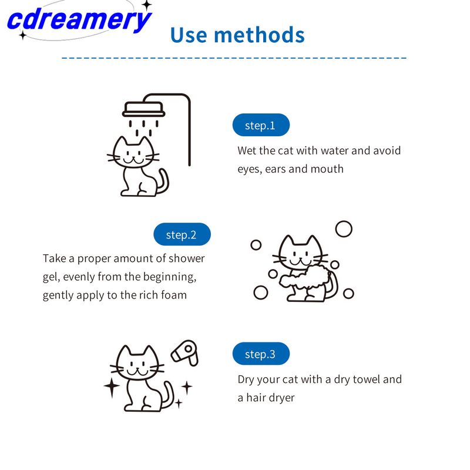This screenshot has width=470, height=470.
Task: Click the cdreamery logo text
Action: click(79, 20)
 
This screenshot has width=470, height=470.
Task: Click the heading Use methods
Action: click(237, 35)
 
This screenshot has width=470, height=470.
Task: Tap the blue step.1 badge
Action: click(261, 125)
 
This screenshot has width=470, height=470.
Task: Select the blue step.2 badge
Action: click(182, 234)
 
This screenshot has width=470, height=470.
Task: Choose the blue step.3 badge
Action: click(261, 354)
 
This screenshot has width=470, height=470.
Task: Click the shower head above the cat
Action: click(143, 109)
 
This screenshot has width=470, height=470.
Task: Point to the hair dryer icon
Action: click(185, 353)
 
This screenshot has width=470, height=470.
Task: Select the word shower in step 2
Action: click(186, 258)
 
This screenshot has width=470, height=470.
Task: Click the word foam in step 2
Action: click(174, 295)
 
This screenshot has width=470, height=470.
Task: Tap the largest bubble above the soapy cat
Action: click(344, 229)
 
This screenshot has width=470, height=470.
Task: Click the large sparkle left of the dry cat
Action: click(112, 387)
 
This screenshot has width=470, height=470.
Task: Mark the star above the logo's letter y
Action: click(147, 5)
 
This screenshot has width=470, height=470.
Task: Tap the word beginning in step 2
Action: click(170, 277)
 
